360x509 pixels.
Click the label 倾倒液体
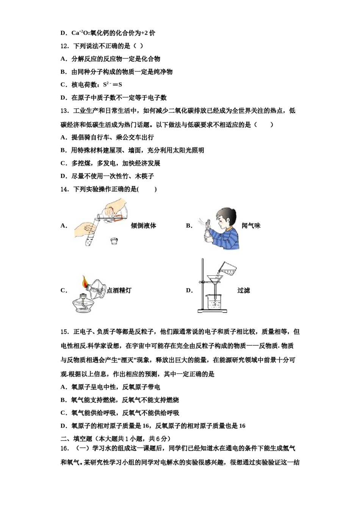143,226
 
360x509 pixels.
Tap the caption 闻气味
251,226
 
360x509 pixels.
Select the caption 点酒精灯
119,290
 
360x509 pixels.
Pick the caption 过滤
243,290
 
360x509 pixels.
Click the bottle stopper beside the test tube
113,240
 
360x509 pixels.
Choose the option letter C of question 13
63,163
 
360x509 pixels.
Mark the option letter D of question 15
63,426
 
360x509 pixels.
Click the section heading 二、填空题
77,439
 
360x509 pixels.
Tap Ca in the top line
75,33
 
